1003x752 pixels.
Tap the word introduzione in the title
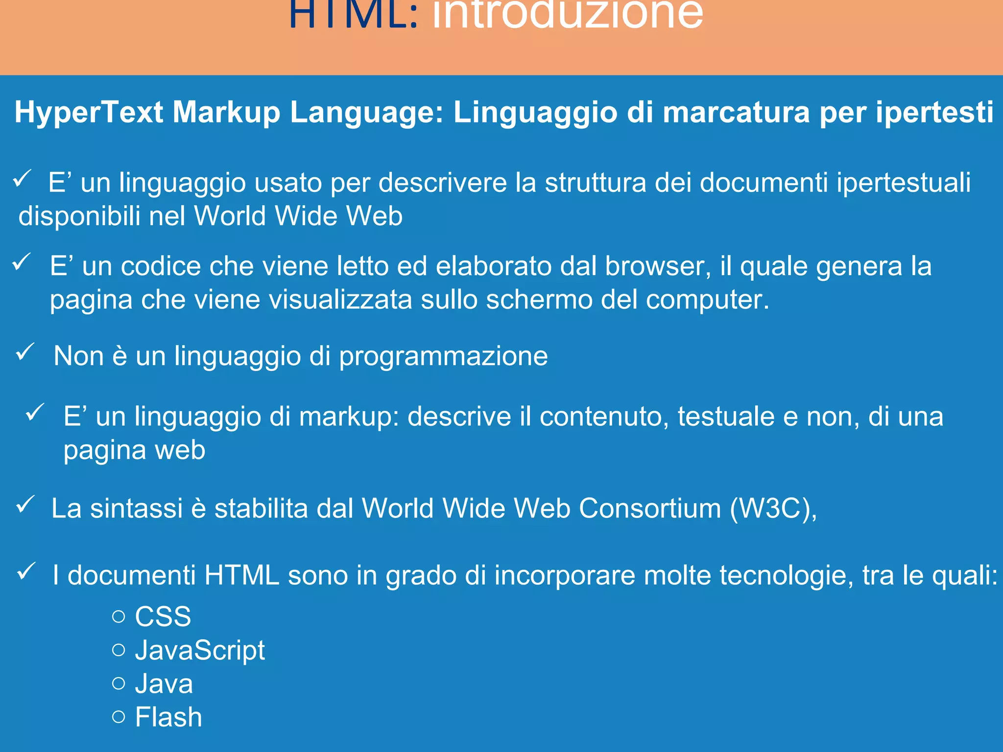pyautogui.click(x=568, y=15)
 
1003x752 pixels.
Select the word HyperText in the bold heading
pyautogui.click(x=89, y=113)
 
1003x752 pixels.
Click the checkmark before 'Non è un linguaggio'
pyautogui.click(x=25, y=352)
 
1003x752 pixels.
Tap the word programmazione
pyautogui.click(x=443, y=356)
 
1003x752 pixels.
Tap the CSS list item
pyautogui.click(x=163, y=616)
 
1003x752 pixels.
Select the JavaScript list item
pyautogui.click(x=200, y=651)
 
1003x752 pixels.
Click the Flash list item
pyautogui.click(x=168, y=717)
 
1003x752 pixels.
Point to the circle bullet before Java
pyautogui.click(x=119, y=683)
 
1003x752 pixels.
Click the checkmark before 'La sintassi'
pyautogui.click(x=25, y=504)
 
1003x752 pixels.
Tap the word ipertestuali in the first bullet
pyautogui.click(x=903, y=183)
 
